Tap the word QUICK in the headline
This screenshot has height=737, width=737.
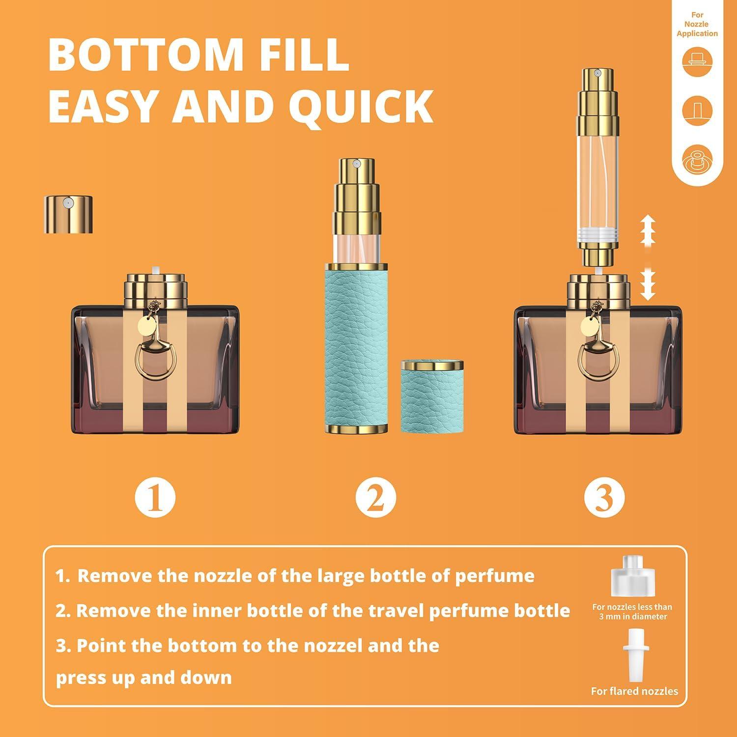(x=361, y=106)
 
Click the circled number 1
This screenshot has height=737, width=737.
(x=155, y=497)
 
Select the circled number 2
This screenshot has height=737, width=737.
(x=375, y=497)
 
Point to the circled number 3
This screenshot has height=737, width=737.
(x=604, y=497)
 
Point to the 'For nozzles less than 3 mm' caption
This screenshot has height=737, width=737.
(x=632, y=612)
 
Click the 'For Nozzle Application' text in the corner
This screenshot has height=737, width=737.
(x=697, y=24)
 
